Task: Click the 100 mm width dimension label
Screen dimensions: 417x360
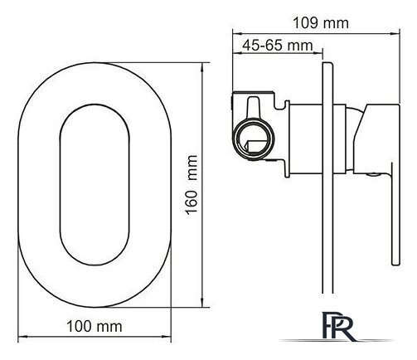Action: tap(95, 326)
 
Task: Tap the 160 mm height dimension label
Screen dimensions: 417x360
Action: tap(192, 185)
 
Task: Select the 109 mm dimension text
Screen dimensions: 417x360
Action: tap(320, 23)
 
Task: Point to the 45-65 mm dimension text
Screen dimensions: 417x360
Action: tap(278, 45)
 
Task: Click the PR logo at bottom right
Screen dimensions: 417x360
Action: tap(338, 325)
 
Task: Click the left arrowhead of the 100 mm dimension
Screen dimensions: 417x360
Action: tap(22, 337)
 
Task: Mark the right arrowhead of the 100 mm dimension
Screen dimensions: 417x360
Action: tap(167, 337)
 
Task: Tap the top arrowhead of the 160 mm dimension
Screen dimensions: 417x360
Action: tap(202, 67)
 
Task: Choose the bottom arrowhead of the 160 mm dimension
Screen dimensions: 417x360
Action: tap(202, 303)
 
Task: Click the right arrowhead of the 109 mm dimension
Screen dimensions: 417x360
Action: tap(395, 34)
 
